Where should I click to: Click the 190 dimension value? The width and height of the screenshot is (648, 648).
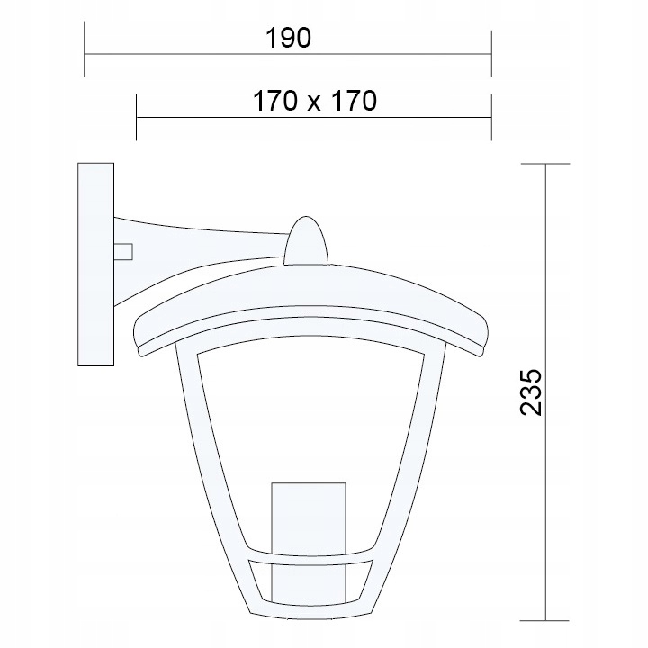click(288, 38)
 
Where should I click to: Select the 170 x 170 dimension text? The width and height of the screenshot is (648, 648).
click(312, 102)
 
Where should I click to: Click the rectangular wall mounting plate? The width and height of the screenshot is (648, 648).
click(96, 264)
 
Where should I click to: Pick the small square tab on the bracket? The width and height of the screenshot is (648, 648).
click(123, 251)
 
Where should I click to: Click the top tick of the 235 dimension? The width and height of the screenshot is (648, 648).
click(545, 164)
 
